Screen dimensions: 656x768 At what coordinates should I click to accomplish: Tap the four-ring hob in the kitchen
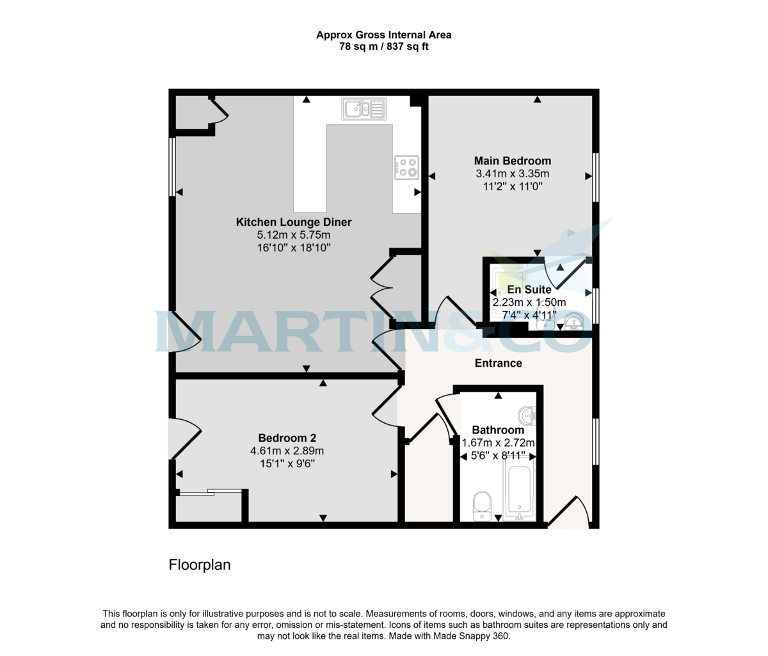coord(406,167)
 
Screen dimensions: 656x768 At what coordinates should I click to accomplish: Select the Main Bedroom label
coord(512,161)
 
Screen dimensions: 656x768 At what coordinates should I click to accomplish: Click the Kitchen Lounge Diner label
coord(294,222)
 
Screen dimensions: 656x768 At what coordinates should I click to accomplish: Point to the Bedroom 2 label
coord(287,438)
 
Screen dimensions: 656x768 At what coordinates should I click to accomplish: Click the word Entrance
coord(498,363)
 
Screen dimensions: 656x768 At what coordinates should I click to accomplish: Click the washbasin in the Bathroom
coord(529,416)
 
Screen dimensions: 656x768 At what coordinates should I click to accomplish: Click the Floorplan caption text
coord(200,565)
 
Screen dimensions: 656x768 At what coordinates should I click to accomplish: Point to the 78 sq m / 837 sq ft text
coord(383,47)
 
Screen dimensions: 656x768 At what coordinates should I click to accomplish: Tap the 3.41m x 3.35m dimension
coord(512,173)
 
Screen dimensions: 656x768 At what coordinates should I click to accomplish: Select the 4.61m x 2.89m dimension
coord(287,451)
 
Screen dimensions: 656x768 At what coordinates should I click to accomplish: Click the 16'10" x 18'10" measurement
coord(294,248)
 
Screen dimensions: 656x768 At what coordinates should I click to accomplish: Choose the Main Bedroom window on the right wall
coord(595,178)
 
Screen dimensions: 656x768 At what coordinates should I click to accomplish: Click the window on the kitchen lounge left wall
coord(172,166)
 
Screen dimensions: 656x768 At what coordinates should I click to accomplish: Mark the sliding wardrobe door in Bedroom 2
coord(210,492)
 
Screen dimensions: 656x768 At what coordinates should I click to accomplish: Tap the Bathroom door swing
coord(446,417)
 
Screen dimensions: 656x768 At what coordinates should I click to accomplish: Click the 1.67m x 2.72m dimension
coord(498,443)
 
